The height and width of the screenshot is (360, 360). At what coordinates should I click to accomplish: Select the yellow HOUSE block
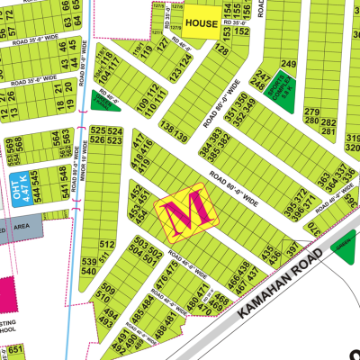pyautogui.click(x=201, y=22)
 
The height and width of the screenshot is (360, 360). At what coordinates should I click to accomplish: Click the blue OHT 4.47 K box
pyautogui.click(x=19, y=191)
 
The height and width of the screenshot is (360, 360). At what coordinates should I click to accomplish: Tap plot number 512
pyautogui.click(x=106, y=244)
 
